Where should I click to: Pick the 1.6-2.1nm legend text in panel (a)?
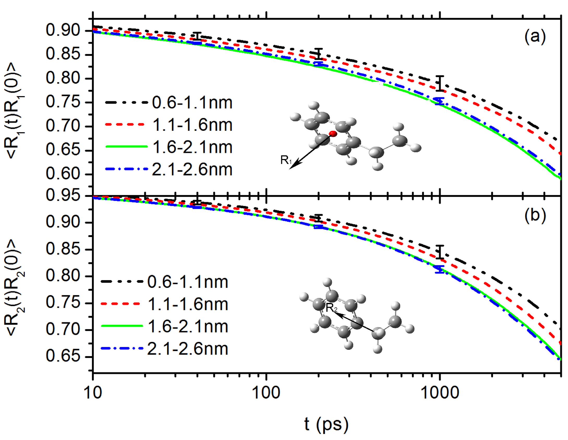(x=192, y=147)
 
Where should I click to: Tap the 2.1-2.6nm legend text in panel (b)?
(x=188, y=349)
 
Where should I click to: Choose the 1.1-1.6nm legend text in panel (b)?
(x=188, y=304)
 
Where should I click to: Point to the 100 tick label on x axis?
(x=266, y=393)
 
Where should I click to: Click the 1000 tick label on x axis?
(x=440, y=393)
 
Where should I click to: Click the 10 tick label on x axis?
(x=93, y=393)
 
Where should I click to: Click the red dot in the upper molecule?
(x=333, y=134)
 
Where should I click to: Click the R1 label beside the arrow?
(x=286, y=160)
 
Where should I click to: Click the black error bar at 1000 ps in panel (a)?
(x=440, y=83)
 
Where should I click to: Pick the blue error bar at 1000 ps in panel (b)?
(x=440, y=269)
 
